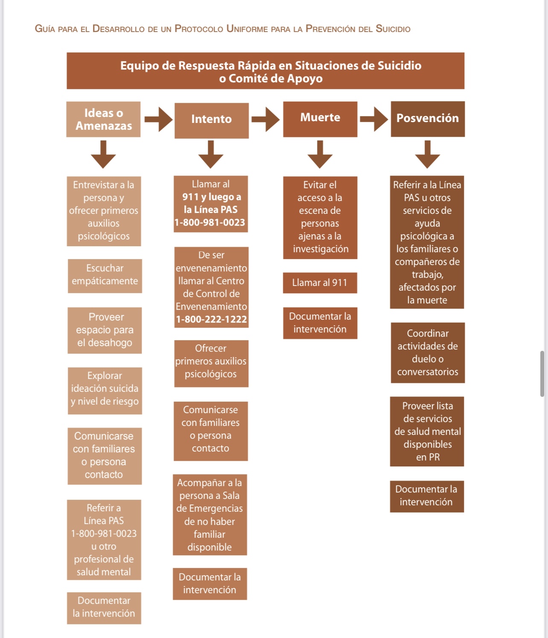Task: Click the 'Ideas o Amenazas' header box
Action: coord(103,119)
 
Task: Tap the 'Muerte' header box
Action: coord(320,119)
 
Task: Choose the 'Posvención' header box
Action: coord(428,119)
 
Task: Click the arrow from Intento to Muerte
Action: coord(265,119)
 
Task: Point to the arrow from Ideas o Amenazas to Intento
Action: coord(158,119)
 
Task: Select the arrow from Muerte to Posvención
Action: coord(374,119)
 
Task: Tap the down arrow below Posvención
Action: coord(427,154)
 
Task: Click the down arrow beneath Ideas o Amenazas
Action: coord(103,154)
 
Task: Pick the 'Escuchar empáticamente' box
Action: coord(105,275)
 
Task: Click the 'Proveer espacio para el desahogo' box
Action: coord(105,330)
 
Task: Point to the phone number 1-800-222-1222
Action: coord(211,320)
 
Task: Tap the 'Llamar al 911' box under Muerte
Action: coord(320,283)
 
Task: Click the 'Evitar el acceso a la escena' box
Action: coord(320,217)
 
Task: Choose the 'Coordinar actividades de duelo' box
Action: coord(428,353)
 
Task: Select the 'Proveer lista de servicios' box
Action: coord(427,431)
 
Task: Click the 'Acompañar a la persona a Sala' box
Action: coord(210,515)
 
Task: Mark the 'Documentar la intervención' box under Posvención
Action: coord(426,496)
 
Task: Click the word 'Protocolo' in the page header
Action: coord(199,29)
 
